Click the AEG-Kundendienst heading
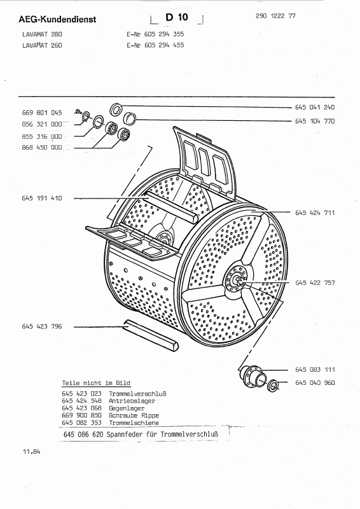tap(57, 20)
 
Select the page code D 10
tap(177, 17)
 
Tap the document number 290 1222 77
tap(275, 16)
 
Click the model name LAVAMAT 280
tap(42, 34)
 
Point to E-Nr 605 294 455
tap(155, 45)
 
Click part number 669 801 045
tap(42, 113)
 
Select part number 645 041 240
tap(315, 107)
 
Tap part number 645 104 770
tap(315, 121)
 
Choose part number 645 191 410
tap(42, 198)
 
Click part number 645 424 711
tap(315, 213)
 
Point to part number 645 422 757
tap(315, 282)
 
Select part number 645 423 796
tap(42, 326)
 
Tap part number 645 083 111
tap(315, 370)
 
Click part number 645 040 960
tap(315, 383)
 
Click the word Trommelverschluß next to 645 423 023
tap(137, 394)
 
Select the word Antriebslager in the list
tap(132, 401)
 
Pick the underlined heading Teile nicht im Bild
tap(96, 383)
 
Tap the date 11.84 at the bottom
tap(32, 451)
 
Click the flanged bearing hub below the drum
tap(254, 377)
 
